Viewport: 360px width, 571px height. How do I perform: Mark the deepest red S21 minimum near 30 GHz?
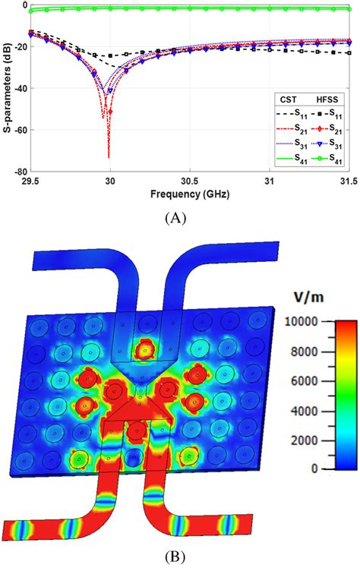pyautogui.click(x=109, y=157)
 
